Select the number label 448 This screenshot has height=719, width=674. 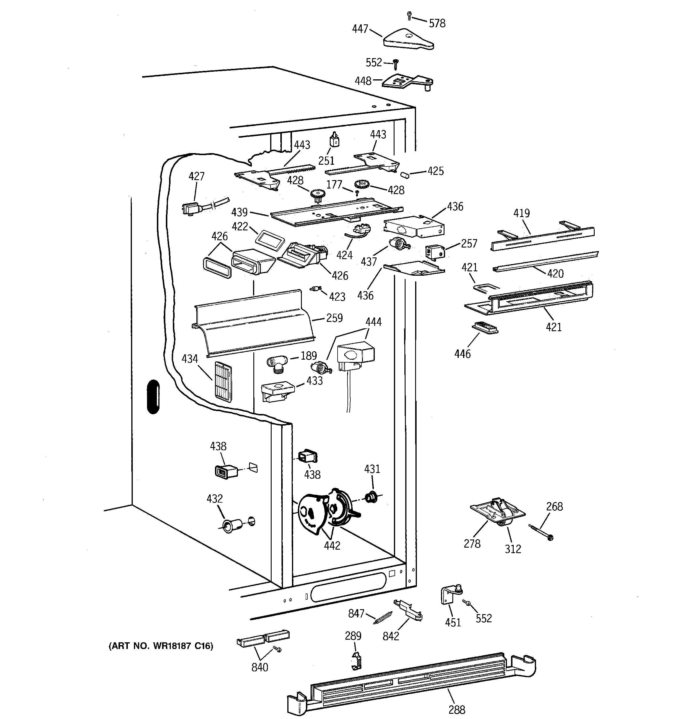[x=363, y=81]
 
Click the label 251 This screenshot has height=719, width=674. [x=326, y=161]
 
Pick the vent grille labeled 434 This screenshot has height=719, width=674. [x=223, y=380]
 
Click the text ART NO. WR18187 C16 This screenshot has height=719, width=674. [x=161, y=646]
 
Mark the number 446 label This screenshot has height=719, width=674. [x=462, y=354]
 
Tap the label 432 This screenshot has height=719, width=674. [x=214, y=499]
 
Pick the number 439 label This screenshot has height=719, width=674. [x=239, y=212]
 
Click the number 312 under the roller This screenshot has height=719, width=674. [x=513, y=549]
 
